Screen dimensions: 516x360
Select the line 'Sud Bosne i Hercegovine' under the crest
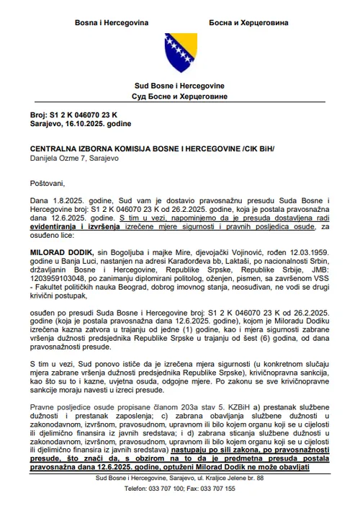180,86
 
